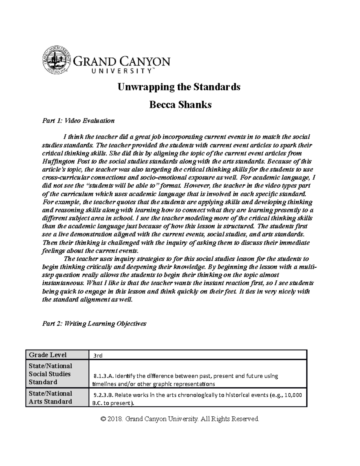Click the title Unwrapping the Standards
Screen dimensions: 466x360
click(179, 87)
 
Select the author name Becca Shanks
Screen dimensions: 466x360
click(180, 105)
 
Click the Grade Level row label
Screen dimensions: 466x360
click(48, 355)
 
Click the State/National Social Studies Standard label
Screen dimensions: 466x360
click(50, 374)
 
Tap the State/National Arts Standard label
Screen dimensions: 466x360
click(50, 397)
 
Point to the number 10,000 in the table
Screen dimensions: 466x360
click(293, 395)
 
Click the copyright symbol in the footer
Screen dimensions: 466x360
click(104, 419)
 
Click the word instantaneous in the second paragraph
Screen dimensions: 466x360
click(63, 283)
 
